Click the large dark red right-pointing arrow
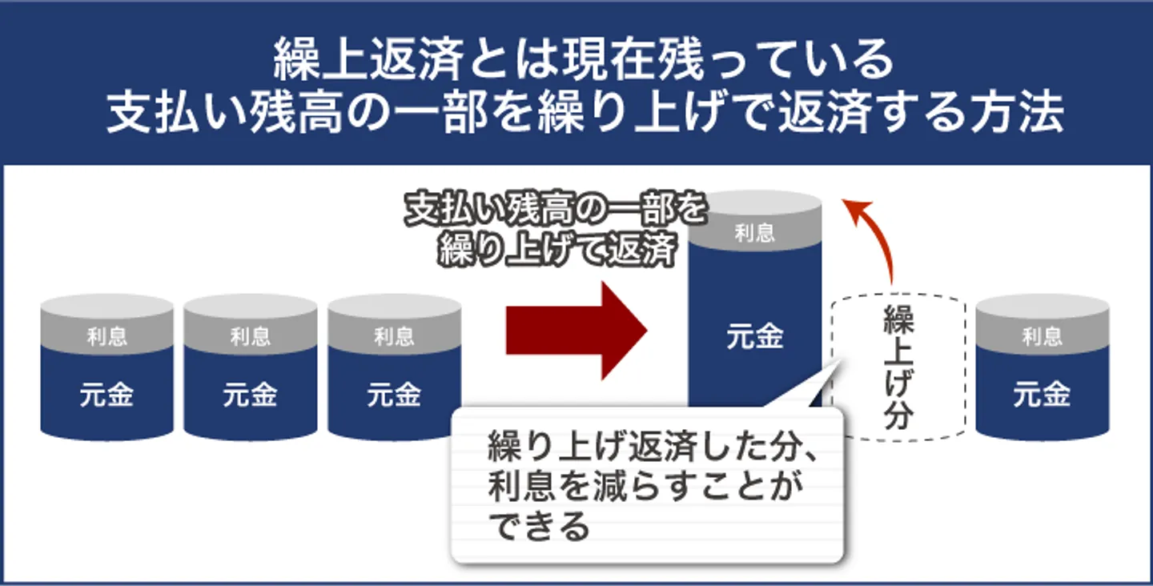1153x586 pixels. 576,331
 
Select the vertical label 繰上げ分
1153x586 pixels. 898,367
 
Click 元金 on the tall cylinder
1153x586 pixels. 754,337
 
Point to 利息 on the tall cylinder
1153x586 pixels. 754,233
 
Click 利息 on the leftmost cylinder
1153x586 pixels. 106,337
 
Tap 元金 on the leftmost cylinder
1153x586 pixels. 106,395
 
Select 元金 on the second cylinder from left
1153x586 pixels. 250,395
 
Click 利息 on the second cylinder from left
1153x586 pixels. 250,337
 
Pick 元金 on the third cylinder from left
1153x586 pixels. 394,395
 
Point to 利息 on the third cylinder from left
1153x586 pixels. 394,337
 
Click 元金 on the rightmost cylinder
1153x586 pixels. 1043,395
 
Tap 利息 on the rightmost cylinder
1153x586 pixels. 1043,337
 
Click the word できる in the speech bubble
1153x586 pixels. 540,526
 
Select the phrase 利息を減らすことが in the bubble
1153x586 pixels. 646,486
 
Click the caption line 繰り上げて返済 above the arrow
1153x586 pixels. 558,250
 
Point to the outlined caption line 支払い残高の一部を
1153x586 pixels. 556,210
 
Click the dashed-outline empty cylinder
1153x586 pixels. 898,367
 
